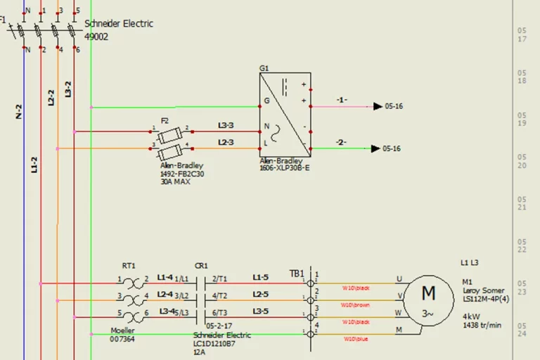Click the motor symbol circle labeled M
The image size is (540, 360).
tap(428, 301)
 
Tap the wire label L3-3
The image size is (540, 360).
tap(226, 125)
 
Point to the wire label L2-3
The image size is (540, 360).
tap(226, 143)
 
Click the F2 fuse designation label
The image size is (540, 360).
tap(165, 120)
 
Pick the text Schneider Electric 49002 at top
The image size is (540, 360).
tap(118, 30)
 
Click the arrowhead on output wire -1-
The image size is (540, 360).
tap(377, 107)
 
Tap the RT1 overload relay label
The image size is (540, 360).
tap(129, 266)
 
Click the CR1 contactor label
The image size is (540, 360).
tap(201, 266)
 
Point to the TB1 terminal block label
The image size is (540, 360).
tap(297, 274)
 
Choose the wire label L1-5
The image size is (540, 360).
tap(260, 277)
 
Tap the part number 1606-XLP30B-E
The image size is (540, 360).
tap(285, 169)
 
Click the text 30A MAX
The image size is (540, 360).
tap(175, 181)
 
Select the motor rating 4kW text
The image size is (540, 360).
tap(471, 316)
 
